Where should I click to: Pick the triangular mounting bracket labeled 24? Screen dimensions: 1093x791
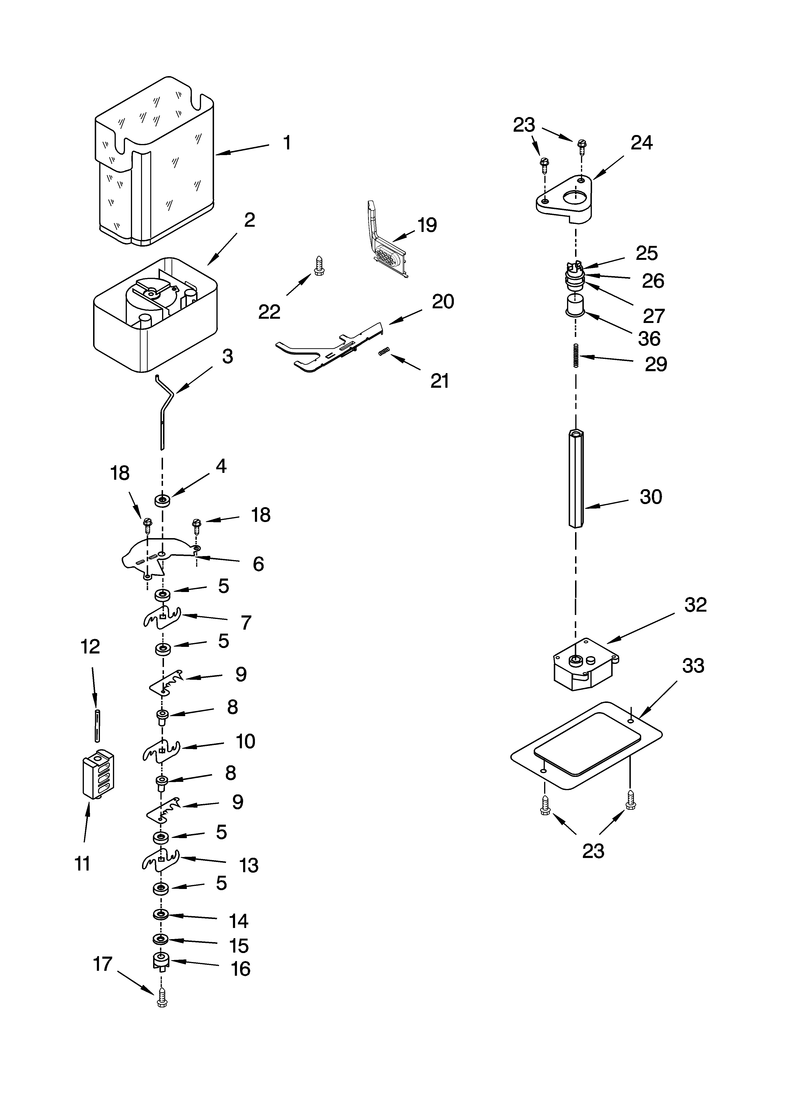tap(565, 200)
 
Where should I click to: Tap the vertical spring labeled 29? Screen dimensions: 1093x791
tap(576, 356)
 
